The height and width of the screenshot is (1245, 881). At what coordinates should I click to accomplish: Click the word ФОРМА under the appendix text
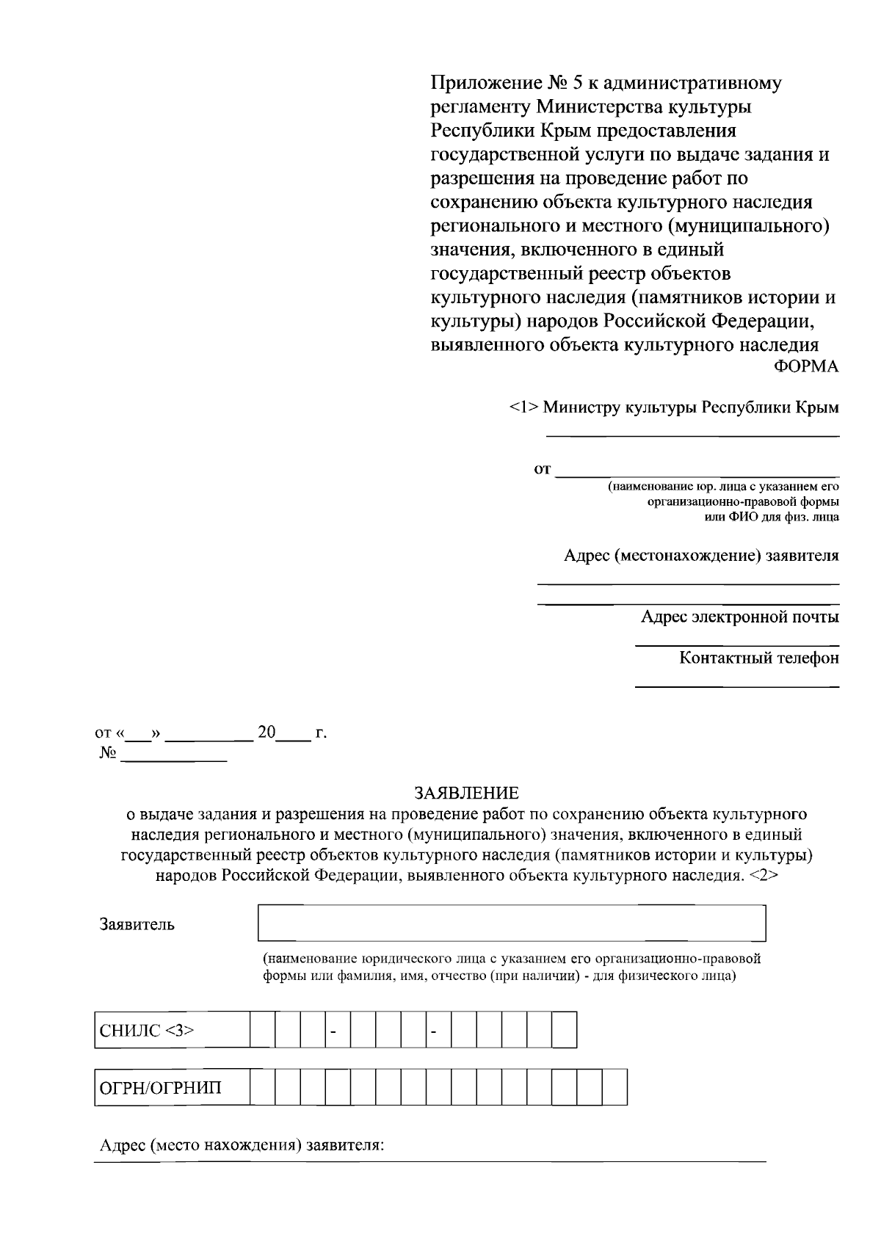(x=806, y=366)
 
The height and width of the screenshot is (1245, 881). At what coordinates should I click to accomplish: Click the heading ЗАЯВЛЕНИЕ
(x=466, y=793)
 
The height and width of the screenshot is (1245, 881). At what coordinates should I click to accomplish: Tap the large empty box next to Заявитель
(x=511, y=923)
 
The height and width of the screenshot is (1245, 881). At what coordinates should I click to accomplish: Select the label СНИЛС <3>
(x=147, y=1030)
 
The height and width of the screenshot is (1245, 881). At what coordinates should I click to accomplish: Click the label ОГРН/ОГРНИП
(x=160, y=1087)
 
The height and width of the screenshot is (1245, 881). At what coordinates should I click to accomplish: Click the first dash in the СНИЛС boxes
(x=333, y=1031)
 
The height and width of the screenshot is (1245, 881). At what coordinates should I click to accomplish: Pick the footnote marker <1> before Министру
(x=523, y=407)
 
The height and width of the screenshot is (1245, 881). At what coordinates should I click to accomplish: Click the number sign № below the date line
(x=106, y=755)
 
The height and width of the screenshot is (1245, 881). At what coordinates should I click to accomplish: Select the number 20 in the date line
(x=267, y=732)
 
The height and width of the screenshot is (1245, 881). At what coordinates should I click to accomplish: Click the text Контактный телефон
(x=758, y=657)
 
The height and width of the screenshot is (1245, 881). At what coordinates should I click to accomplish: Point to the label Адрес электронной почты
(x=739, y=617)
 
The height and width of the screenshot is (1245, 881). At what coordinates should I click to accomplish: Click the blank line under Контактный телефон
(x=736, y=686)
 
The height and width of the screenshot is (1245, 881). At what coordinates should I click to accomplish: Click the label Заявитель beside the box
(x=137, y=923)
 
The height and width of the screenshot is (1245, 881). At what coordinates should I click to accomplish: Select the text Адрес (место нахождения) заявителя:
(x=242, y=1145)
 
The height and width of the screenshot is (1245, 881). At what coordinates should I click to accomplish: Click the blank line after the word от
(x=697, y=475)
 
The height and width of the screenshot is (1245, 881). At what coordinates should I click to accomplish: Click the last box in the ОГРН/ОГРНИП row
(x=615, y=1087)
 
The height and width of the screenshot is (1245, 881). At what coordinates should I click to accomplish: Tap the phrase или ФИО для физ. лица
(x=767, y=517)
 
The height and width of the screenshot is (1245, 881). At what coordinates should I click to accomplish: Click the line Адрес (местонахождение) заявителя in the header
(x=701, y=555)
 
